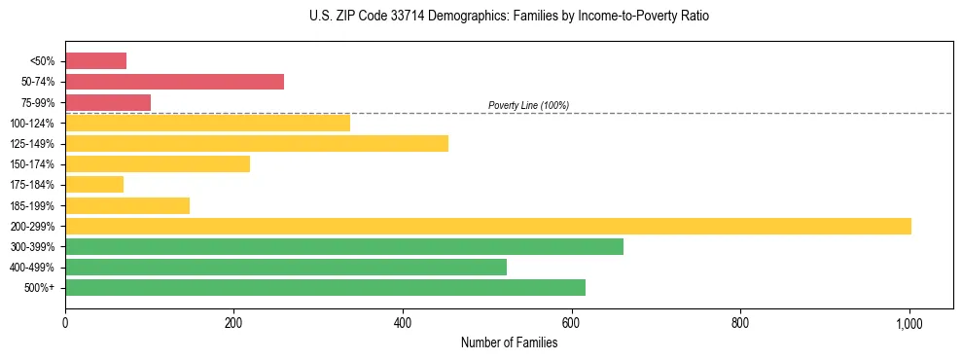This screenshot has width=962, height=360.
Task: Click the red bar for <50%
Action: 95,61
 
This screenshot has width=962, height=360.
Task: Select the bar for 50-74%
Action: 174,82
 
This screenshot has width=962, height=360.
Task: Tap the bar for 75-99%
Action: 108,102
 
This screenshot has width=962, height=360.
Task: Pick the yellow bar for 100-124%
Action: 207,123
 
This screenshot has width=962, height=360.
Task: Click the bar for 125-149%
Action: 257,144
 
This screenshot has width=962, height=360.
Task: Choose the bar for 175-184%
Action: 94,185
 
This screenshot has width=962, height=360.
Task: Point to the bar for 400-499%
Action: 286,267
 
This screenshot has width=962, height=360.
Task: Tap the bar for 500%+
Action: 325,287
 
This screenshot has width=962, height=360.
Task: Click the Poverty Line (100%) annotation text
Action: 528,105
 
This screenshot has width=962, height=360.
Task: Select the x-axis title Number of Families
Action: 510,342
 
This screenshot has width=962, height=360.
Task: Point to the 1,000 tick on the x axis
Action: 909,322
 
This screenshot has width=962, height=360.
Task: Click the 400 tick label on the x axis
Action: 403,322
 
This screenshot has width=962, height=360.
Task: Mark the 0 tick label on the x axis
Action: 65,322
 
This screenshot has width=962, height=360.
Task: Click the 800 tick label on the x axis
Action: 740,322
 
